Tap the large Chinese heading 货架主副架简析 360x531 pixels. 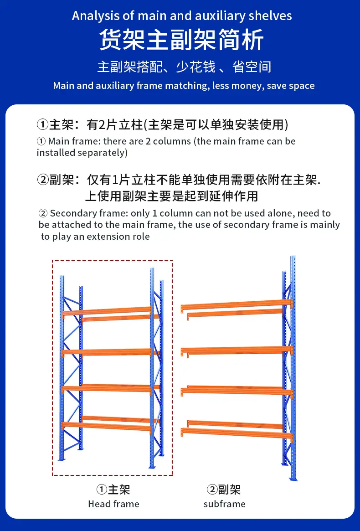(181, 40)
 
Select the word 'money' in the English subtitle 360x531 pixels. (245, 86)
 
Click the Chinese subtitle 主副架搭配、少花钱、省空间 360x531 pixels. (184, 67)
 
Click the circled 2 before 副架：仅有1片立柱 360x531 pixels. (43, 180)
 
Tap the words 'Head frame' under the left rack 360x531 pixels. (114, 504)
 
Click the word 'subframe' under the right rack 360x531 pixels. (225, 504)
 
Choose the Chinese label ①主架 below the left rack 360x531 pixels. (113, 490)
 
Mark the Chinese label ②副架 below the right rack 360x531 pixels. (223, 490)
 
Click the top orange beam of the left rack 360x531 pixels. (106, 311)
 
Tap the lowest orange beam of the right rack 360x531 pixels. (237, 433)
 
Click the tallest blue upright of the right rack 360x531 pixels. (293, 368)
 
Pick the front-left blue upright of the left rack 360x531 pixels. (62, 368)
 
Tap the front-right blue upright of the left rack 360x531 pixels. (152, 368)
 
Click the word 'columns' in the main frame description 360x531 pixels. (172, 141)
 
